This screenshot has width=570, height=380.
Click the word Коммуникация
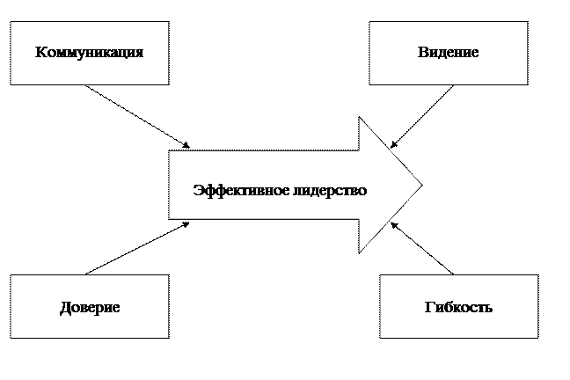pyautogui.click(x=89, y=53)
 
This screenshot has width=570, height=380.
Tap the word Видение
pyautogui.click(x=448, y=52)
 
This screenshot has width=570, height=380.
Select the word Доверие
pyautogui.click(x=90, y=308)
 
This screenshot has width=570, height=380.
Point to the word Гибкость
pyautogui.click(x=458, y=307)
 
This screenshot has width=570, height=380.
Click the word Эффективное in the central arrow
pyautogui.click(x=241, y=191)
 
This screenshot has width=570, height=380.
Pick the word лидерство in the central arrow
pyautogui.click(x=330, y=191)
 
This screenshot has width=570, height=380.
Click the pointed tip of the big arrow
pyautogui.click(x=422, y=185)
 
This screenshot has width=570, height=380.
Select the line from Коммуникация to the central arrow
pyautogui.click(x=137, y=117)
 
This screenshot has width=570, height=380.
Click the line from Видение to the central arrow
pyautogui.click(x=422, y=117)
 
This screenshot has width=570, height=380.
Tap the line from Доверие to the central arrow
pyautogui.click(x=137, y=249)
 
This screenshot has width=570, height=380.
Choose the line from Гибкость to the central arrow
pyautogui.click(x=422, y=248)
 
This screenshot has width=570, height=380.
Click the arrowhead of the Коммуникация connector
pyautogui.click(x=186, y=145)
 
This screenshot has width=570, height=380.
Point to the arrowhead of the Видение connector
pyautogui.click(x=393, y=145)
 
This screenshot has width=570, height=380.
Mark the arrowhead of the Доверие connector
pyautogui.click(x=186, y=224)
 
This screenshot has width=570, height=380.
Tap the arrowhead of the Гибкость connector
pyautogui.click(x=394, y=225)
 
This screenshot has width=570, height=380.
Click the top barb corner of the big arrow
pyautogui.click(x=359, y=117)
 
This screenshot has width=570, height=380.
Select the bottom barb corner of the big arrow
pyautogui.click(x=359, y=253)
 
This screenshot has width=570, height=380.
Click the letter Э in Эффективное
pyautogui.click(x=198, y=190)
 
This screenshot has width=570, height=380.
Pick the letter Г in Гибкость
pyautogui.click(x=429, y=307)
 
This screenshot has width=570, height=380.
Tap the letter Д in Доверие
pyautogui.click(x=65, y=309)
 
